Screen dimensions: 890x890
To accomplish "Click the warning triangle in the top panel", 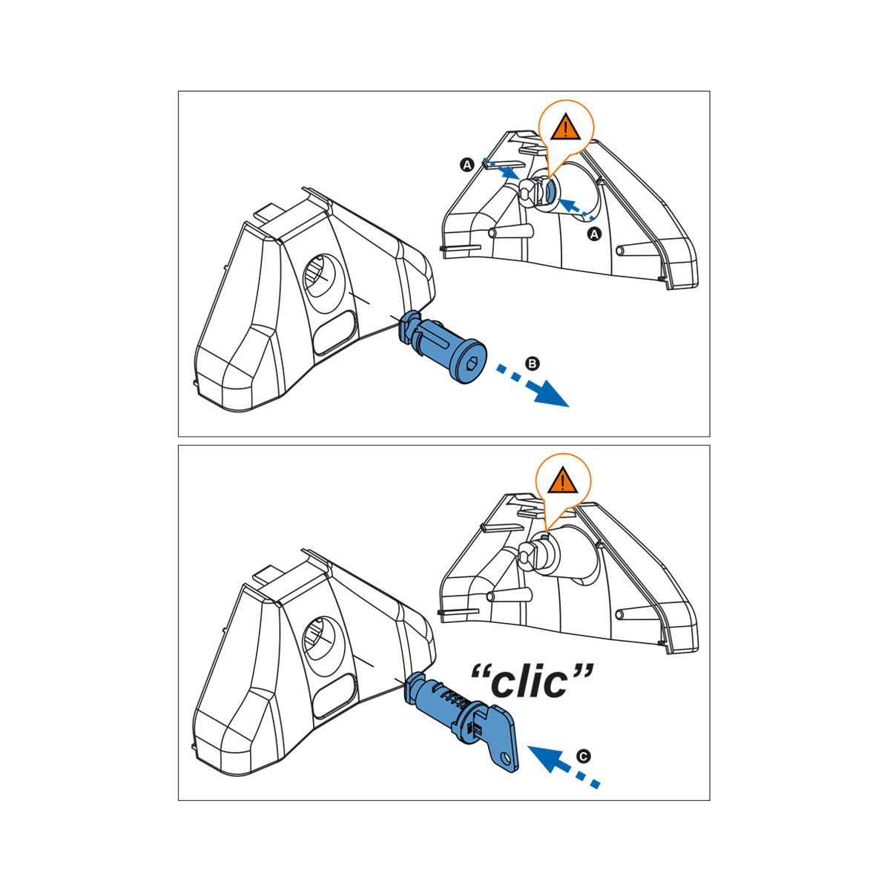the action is tap(565, 127).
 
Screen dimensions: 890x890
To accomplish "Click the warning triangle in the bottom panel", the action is tap(562, 481).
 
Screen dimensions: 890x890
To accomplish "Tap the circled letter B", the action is tap(533, 363).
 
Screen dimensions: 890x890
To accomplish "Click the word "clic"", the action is tap(531, 682).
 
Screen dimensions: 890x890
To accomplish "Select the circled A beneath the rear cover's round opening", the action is tap(594, 234).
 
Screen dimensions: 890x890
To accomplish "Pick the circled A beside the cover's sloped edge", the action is tap(467, 165).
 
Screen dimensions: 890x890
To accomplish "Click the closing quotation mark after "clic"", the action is tap(582, 670).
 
